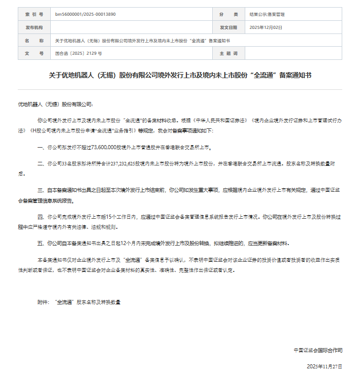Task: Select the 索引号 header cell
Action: pyautogui.click(x=34, y=15)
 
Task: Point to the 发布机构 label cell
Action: pyautogui.click(x=34, y=27)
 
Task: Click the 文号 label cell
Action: pyautogui.click(x=34, y=53)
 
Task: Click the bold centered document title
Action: pyautogui.click(x=180, y=75)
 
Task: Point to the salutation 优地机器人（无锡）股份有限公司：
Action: pyautogui.click(x=56, y=104)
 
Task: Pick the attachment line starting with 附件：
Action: pyautogui.click(x=79, y=302)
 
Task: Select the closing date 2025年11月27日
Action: pyautogui.click(x=324, y=366)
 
